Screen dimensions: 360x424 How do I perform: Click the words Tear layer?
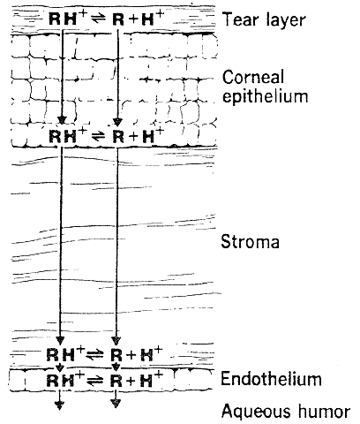pos(264,20)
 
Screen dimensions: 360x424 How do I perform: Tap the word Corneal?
pos(253,77)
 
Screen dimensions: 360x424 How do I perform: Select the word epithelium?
pos(265,96)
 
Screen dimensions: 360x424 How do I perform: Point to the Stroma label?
pos(250,242)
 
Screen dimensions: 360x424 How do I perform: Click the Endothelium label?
pos(271,379)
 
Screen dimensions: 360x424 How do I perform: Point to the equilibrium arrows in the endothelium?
pos(94,381)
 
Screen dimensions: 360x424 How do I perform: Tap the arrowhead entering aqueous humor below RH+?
pos(60,405)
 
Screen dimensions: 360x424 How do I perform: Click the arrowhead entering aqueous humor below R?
pos(116,404)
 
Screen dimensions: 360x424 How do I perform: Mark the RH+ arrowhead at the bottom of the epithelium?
pos(62,121)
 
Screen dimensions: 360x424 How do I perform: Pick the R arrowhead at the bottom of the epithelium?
pos(117,122)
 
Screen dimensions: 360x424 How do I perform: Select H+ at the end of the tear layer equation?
pos(152,19)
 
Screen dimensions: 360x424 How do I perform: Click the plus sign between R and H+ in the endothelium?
pos(131,382)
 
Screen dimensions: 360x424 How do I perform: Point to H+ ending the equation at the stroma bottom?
pos(151,353)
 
